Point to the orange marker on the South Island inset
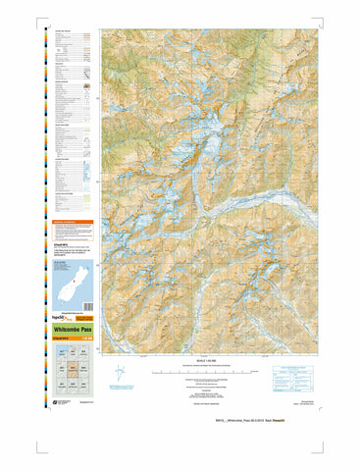(69, 288)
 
